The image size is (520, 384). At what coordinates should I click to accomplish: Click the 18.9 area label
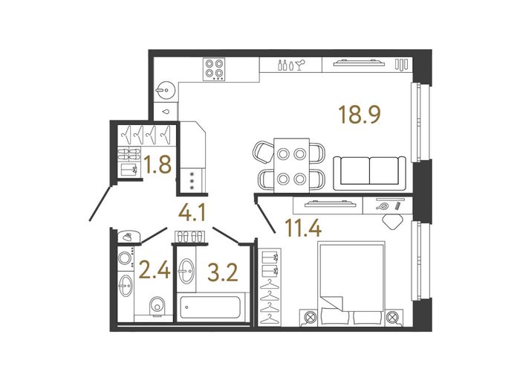click(x=360, y=115)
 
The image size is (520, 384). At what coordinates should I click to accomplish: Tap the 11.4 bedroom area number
click(x=303, y=228)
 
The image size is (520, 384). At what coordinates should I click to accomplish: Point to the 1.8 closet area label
click(x=158, y=164)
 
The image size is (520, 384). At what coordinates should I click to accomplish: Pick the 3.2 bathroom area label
click(x=223, y=272)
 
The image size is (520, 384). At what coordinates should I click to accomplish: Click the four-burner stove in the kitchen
click(x=214, y=68)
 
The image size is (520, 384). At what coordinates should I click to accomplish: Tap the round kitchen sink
click(x=166, y=89)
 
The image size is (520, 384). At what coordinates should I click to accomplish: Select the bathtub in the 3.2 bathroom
click(x=210, y=307)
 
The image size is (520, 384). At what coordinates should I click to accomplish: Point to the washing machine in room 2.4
click(x=126, y=258)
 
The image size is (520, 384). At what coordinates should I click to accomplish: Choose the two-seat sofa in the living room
click(x=369, y=173)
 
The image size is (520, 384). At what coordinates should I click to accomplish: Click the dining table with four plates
click(x=291, y=165)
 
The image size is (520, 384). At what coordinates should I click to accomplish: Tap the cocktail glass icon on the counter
click(x=301, y=65)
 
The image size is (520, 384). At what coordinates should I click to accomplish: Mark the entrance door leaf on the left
click(x=100, y=203)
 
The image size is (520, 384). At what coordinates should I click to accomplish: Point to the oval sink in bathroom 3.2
click(x=186, y=271)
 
